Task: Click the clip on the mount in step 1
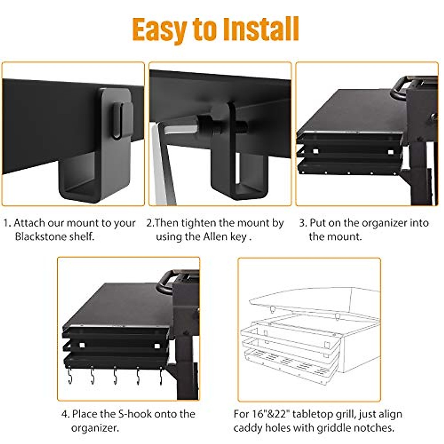[x=122, y=118]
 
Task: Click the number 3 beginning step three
[x=302, y=223]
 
